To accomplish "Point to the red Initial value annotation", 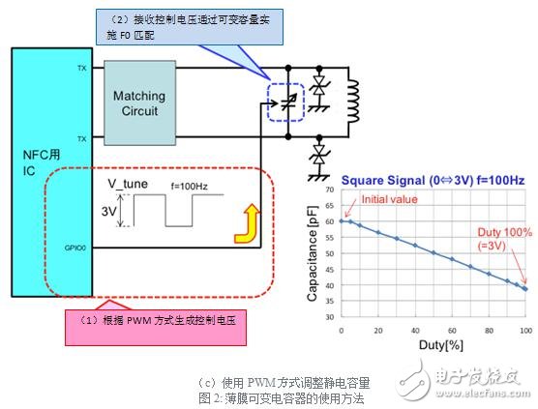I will [385, 200].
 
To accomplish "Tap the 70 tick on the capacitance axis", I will [331, 193].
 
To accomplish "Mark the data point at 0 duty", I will [341, 220].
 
